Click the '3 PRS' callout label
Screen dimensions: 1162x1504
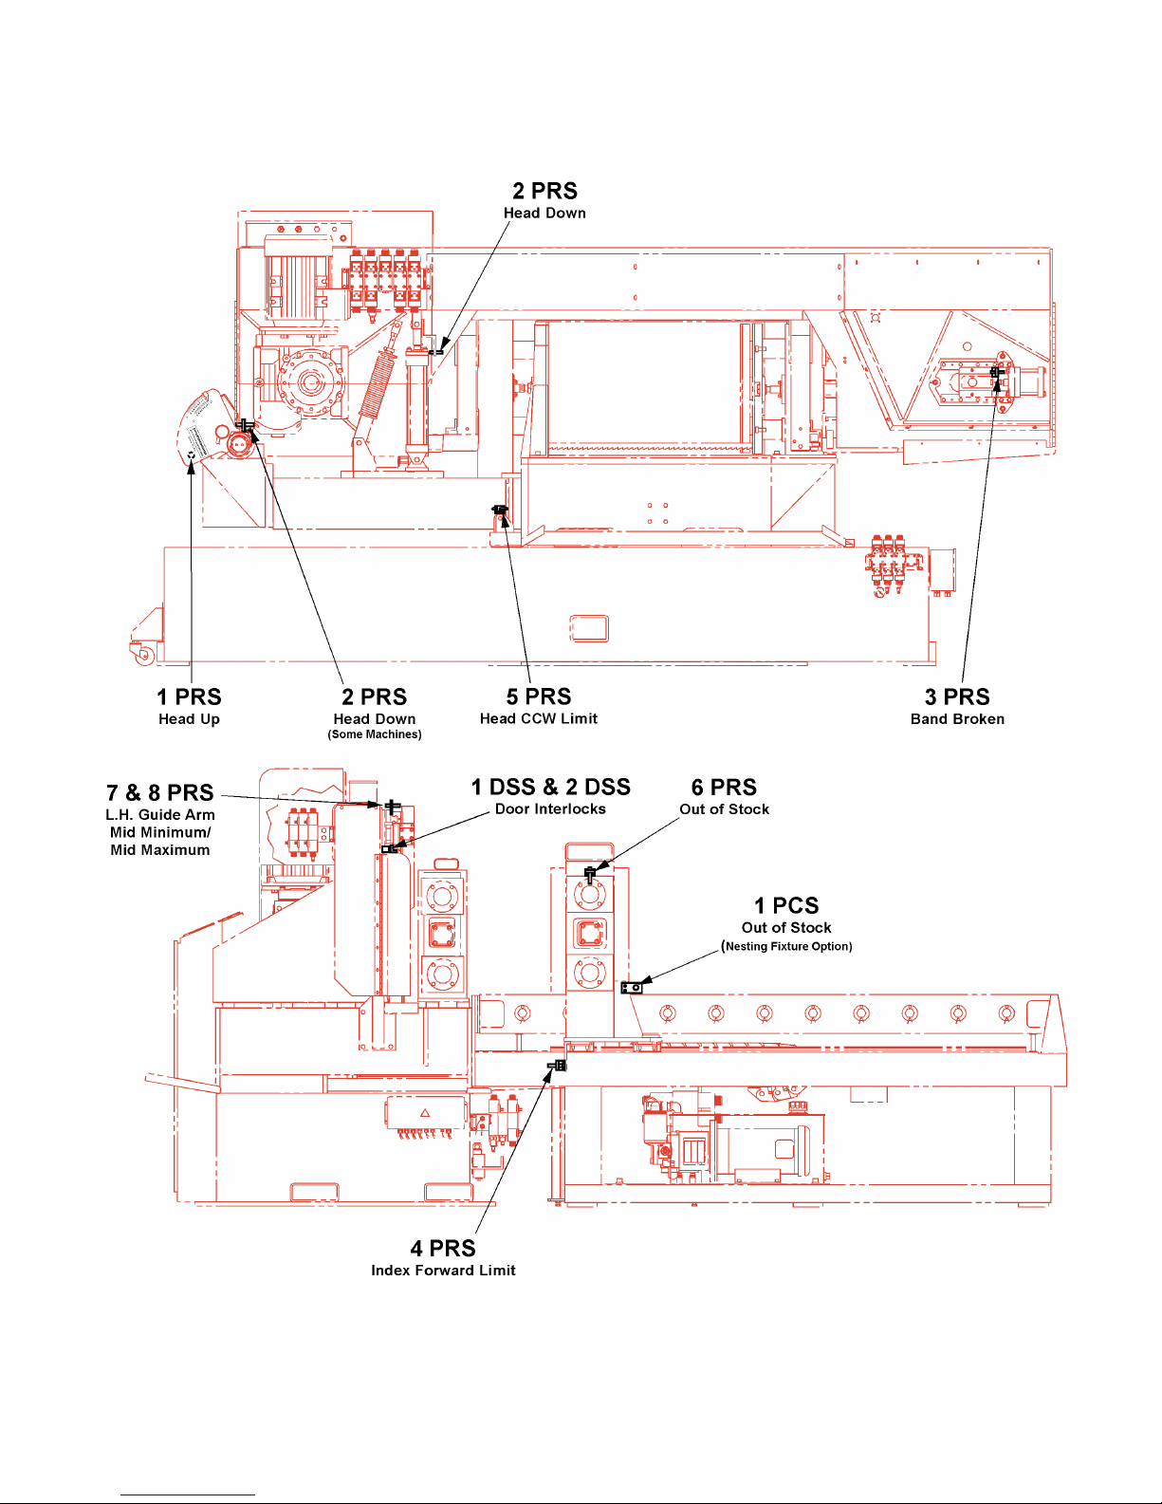point(957,696)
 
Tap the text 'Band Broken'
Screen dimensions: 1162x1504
point(957,719)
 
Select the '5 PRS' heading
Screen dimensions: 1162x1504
point(539,696)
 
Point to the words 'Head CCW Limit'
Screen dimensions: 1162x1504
point(539,718)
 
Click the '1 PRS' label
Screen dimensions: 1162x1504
point(189,696)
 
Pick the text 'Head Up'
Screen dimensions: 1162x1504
point(189,719)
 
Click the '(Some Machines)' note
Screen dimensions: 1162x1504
point(374,734)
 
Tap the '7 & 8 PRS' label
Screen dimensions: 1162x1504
point(159,792)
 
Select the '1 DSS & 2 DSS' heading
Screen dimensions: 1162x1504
point(550,787)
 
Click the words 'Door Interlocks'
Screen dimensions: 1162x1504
point(550,809)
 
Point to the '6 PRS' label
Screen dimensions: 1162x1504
point(724,787)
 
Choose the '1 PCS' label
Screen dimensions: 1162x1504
point(786,905)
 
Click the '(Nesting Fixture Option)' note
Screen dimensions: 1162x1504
point(786,946)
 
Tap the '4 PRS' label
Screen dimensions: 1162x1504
point(443,1248)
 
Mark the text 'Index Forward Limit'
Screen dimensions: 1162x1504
point(443,1270)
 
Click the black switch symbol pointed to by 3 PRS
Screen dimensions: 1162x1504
point(996,372)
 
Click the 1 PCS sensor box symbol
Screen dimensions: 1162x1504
point(632,988)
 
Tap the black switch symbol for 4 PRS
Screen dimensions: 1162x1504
point(558,1066)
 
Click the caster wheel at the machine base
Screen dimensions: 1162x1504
point(144,655)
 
